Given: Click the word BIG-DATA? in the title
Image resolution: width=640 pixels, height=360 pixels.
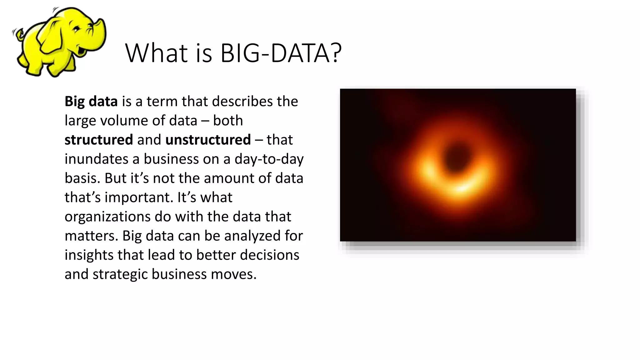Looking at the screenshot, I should click(281, 53).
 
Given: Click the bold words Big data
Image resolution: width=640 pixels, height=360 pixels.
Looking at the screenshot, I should click(91, 101).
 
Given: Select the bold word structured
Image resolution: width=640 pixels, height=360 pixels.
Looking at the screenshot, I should click(99, 140).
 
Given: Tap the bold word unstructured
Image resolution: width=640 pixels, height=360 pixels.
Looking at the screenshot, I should click(208, 140).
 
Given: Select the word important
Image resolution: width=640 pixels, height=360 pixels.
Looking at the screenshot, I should click(138, 197).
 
